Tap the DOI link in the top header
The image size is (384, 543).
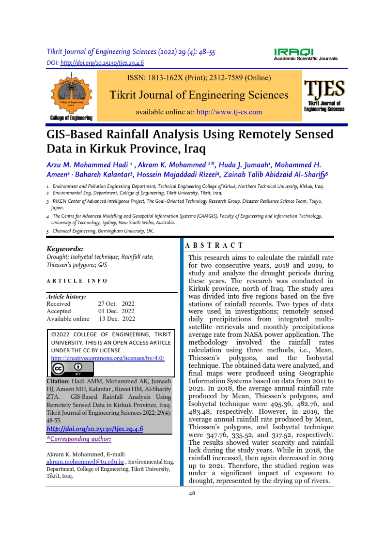coord(101,63)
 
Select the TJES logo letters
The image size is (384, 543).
coord(324,90)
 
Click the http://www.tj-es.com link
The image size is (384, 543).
coord(229,112)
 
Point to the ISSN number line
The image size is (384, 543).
coord(199,77)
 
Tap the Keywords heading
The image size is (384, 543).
coord(65,249)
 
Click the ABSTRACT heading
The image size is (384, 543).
coord(215,246)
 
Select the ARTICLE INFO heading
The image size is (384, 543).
coord(77,281)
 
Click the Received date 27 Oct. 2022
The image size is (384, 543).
coord(116,304)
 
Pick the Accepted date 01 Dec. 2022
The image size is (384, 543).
coord(116,311)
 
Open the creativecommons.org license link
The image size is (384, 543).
coord(108,358)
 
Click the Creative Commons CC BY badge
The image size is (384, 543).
coord(72,369)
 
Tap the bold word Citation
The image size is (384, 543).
coord(60,382)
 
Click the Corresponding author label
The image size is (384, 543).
coord(79,439)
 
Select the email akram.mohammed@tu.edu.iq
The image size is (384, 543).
coord(85,462)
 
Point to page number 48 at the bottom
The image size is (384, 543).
coord(192,494)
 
